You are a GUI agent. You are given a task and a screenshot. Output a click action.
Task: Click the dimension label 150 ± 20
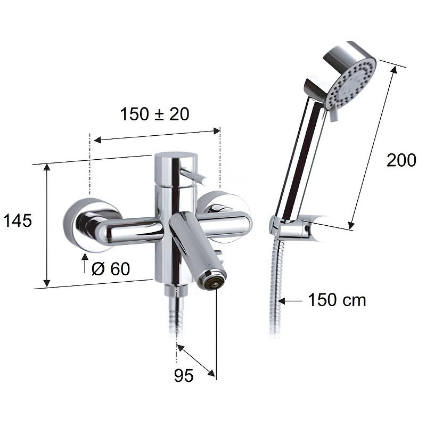click(154, 114)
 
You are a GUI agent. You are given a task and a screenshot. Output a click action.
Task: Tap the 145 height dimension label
click(18, 220)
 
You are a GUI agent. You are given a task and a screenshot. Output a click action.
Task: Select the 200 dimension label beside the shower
click(402, 160)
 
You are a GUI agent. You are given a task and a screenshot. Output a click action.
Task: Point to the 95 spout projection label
click(184, 376)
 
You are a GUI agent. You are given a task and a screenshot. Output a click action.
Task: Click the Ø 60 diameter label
click(111, 269)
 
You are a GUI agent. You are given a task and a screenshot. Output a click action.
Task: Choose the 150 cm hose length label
click(337, 300)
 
